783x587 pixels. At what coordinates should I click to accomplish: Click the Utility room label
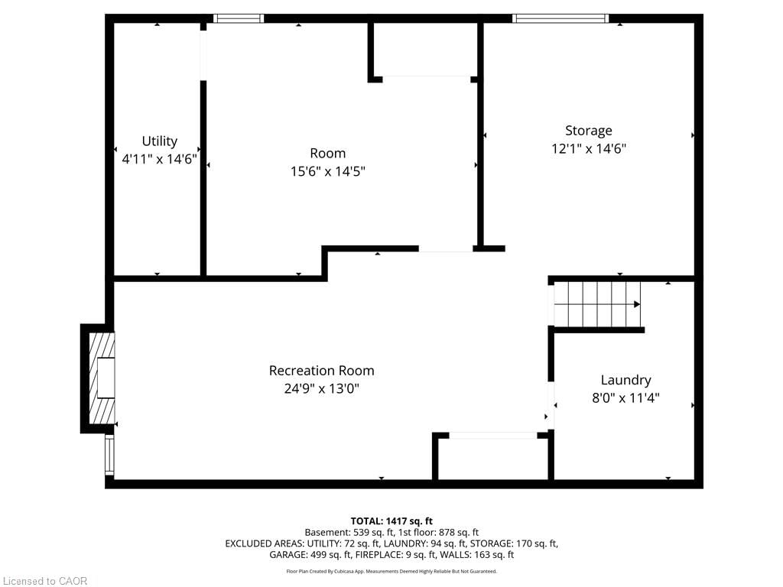tap(159, 141)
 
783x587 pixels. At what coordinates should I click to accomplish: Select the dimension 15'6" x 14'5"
tap(327, 171)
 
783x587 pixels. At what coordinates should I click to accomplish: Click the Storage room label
tap(588, 131)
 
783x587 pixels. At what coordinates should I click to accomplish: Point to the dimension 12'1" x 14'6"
tap(589, 149)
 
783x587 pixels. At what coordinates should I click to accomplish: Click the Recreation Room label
tap(321, 371)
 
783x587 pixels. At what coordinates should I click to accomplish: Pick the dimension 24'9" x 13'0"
tap(321, 388)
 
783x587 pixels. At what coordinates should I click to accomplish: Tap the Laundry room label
tap(625, 380)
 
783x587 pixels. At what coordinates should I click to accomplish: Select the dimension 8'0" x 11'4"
tap(625, 397)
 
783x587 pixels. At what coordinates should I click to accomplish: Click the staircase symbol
tap(596, 303)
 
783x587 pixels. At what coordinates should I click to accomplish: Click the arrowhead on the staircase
tap(636, 304)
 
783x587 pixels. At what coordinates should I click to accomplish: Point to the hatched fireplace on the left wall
tap(101, 378)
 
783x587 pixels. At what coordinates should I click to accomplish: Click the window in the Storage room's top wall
tap(560, 18)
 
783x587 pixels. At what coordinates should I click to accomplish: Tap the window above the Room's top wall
tap(238, 18)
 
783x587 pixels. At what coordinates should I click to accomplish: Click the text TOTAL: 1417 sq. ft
tap(391, 521)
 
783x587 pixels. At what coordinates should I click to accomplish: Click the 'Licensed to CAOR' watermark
tap(44, 581)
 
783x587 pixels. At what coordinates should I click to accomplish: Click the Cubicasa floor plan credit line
tap(391, 571)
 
